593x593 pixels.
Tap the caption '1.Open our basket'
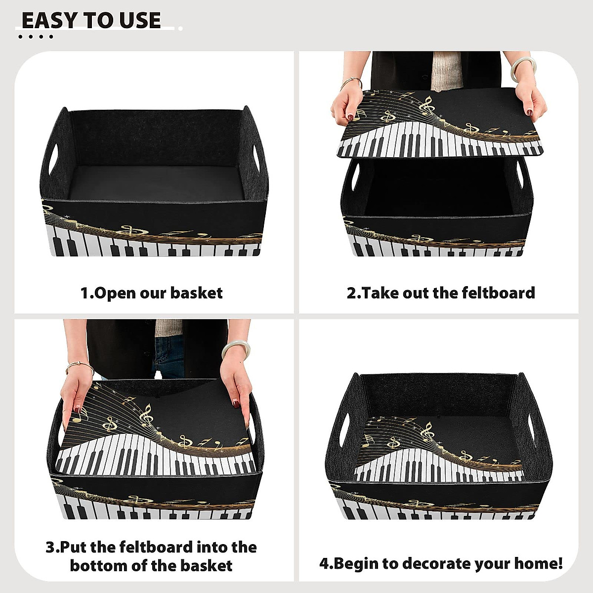tap(151, 293)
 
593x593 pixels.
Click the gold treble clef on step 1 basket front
tap(129, 230)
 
